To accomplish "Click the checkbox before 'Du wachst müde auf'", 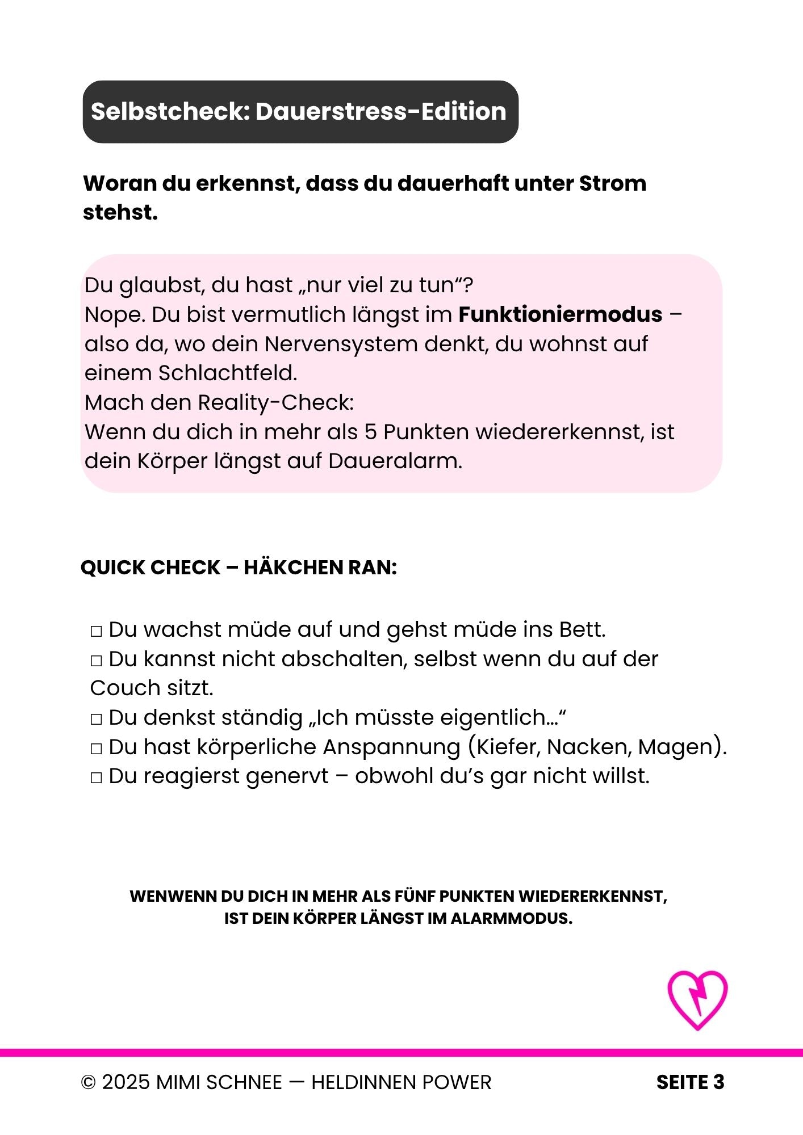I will click(96, 631).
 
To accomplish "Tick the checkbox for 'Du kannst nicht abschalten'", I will click(96, 661).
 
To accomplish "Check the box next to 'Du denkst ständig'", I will click(96, 719).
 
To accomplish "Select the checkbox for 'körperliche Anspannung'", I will click(96, 749).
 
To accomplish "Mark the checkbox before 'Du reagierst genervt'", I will click(96, 777).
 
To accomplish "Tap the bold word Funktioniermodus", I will click(560, 314).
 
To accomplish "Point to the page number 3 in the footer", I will click(719, 1082).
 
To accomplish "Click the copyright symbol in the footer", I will click(88, 1083).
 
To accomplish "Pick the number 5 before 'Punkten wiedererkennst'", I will click(370, 432).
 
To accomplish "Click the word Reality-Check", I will click(275, 403).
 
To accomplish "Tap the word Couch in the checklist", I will click(118, 688).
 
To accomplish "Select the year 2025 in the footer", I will click(126, 1083).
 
